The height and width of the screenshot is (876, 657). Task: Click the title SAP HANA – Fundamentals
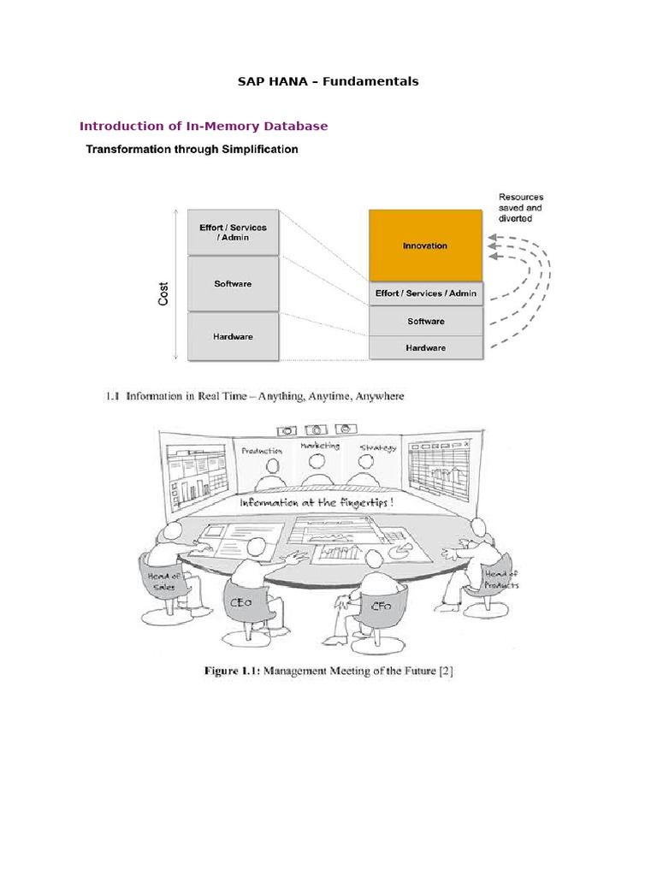[x=328, y=81]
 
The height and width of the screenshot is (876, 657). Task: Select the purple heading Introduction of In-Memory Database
[x=204, y=126]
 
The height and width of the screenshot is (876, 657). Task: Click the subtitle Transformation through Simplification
[x=191, y=149]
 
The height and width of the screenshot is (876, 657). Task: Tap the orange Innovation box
[x=425, y=246]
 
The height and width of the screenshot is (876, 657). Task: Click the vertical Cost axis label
[x=163, y=294]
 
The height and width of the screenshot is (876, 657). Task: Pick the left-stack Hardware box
[x=233, y=336]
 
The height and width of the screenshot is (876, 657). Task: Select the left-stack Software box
[x=233, y=283]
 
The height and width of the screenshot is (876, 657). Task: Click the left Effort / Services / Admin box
[x=233, y=232]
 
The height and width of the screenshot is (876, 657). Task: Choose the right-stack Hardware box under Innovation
[x=425, y=348]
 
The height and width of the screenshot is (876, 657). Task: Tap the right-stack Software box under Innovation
[x=425, y=321]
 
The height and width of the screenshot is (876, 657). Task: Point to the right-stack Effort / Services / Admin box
[x=425, y=293]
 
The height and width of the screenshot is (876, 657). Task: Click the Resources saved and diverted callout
[x=520, y=208]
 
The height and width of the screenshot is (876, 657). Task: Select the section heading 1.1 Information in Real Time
[x=254, y=396]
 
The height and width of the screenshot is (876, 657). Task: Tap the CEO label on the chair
[x=241, y=602]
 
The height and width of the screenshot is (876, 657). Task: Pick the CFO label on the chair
[x=381, y=606]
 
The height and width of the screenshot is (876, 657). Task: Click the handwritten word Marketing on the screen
[x=319, y=446]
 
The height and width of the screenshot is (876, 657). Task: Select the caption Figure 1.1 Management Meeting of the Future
[x=328, y=671]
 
